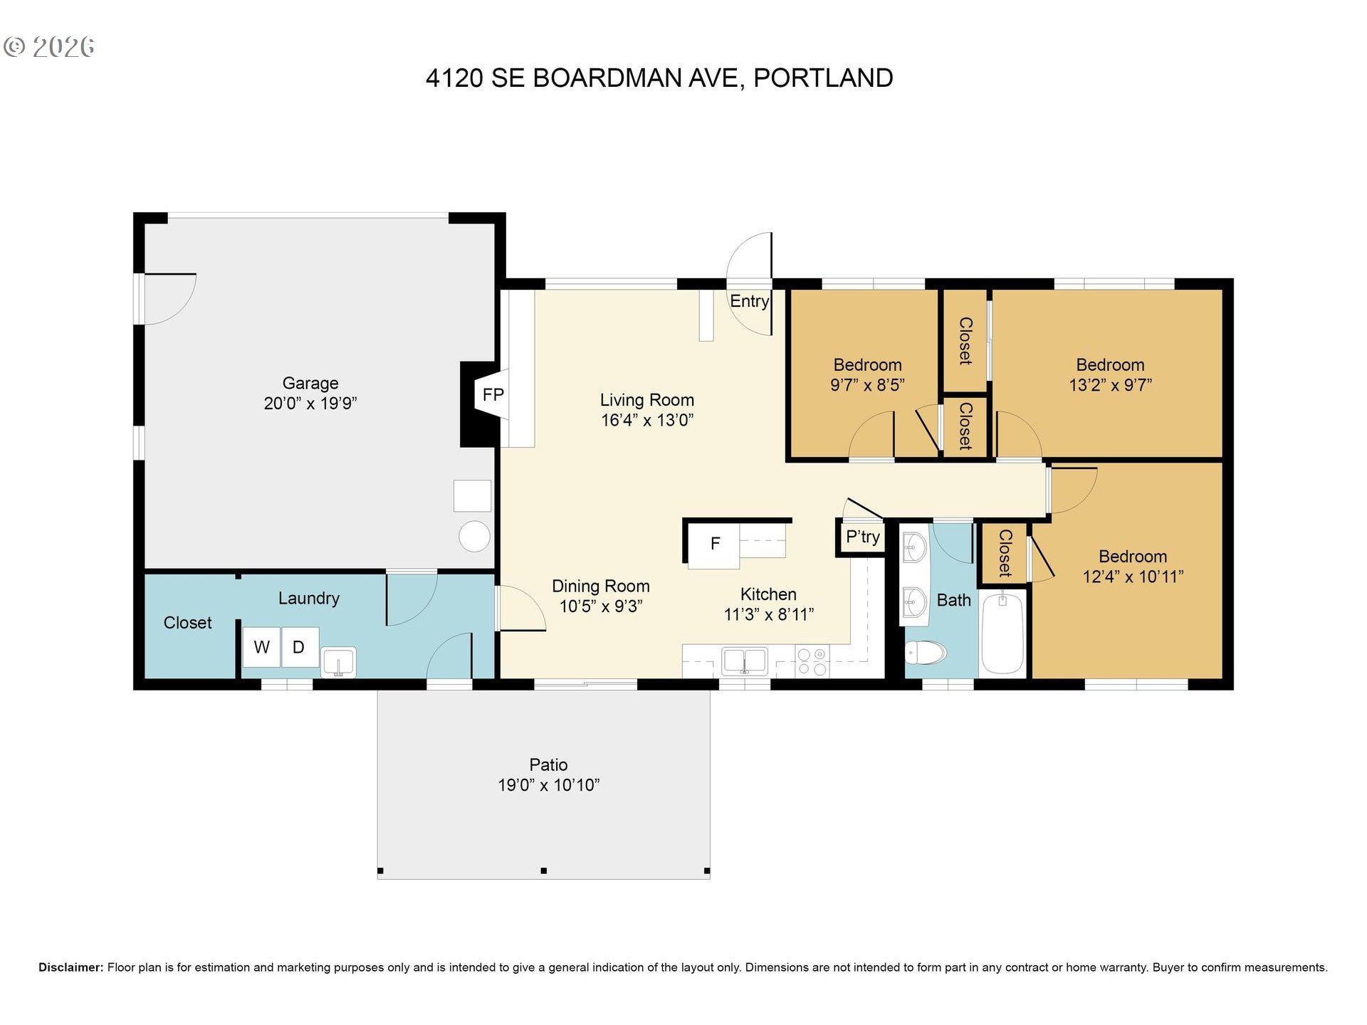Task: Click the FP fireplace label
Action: tap(493, 394)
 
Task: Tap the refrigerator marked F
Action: tap(713, 545)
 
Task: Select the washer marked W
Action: tap(261, 647)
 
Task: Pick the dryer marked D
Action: tap(300, 647)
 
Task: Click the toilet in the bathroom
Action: tap(926, 651)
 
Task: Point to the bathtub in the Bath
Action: tap(1002, 633)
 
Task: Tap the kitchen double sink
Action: tap(745, 661)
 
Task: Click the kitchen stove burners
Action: tap(812, 661)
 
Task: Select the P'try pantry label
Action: tap(863, 537)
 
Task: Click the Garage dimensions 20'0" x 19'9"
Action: tap(310, 404)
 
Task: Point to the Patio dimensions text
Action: tap(548, 785)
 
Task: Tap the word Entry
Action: tap(750, 301)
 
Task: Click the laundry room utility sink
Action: tap(338, 662)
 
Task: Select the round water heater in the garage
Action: tap(474, 537)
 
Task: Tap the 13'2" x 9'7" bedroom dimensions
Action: tap(1110, 385)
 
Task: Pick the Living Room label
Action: tap(646, 400)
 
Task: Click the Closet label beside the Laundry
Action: tap(187, 623)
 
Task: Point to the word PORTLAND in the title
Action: tap(823, 78)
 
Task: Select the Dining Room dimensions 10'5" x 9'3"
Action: tap(601, 606)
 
